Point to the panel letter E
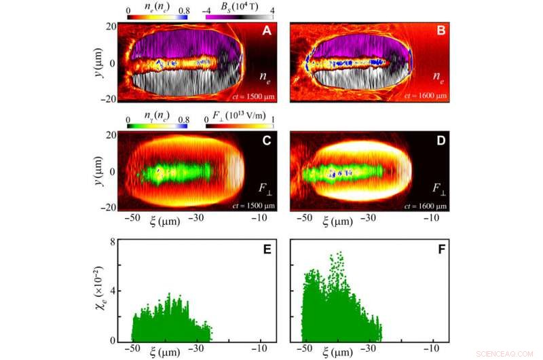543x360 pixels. pos(267,249)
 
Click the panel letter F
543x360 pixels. pos(438,249)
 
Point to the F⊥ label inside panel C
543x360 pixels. pos(263,186)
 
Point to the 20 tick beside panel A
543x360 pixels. pos(109,26)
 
